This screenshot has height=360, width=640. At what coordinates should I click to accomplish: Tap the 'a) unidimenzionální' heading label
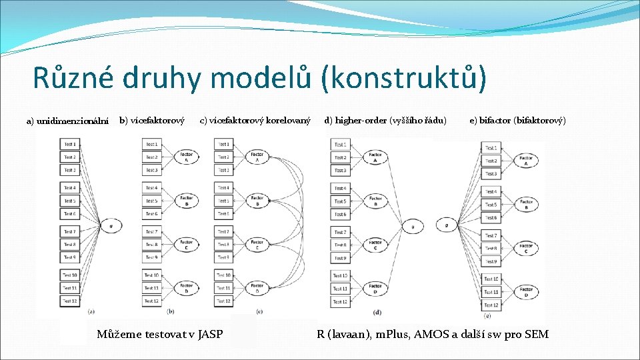click(67, 121)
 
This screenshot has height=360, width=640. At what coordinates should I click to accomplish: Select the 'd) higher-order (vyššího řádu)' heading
click(385, 121)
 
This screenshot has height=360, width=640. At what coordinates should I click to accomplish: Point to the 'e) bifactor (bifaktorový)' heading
click(517, 121)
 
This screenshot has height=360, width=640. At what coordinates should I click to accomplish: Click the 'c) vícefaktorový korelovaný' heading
click(255, 121)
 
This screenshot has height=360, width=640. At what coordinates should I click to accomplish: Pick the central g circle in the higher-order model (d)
click(413, 227)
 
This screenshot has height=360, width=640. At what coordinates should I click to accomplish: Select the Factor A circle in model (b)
click(186, 157)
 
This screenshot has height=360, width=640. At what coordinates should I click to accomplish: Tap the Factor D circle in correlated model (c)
click(257, 288)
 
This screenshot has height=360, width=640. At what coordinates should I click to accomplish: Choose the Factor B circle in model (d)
click(375, 201)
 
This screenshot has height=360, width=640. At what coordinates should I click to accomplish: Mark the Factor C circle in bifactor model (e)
click(526, 249)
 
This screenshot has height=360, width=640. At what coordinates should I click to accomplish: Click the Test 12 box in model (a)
click(70, 301)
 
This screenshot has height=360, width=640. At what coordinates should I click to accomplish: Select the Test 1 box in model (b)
click(152, 144)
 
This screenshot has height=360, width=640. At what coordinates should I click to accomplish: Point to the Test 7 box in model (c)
click(223, 231)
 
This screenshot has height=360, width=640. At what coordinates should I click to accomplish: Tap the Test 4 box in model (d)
click(340, 188)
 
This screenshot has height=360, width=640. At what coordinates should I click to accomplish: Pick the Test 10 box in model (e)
click(491, 279)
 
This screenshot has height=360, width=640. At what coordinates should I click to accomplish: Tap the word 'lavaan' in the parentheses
click(347, 334)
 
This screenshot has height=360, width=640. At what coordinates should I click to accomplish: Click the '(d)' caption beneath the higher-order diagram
click(377, 312)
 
